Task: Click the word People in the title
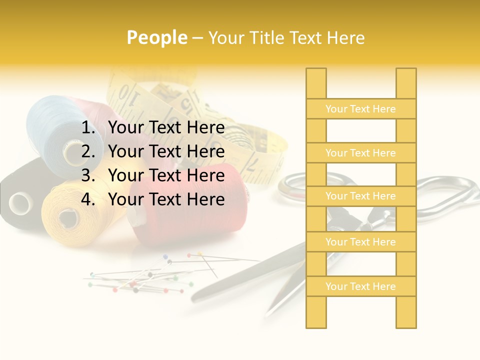click(x=156, y=37)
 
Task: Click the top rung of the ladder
click(x=360, y=109)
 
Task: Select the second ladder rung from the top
click(x=360, y=153)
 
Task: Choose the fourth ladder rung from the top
click(x=360, y=242)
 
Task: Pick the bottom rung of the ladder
click(x=360, y=286)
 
